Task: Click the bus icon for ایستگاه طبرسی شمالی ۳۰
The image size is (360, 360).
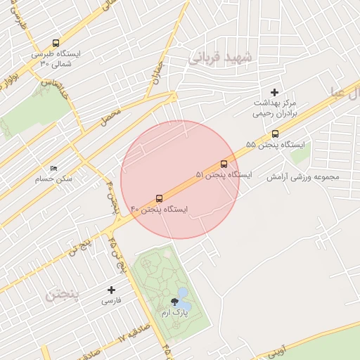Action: pyautogui.click(x=56, y=43)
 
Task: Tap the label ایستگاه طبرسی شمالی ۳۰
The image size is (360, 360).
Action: pyautogui.click(x=56, y=58)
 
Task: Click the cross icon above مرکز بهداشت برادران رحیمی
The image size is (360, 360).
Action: pyautogui.click(x=274, y=92)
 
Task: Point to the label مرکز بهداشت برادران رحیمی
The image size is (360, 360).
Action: pyautogui.click(x=276, y=108)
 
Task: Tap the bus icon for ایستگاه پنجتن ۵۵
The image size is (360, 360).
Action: pyautogui.click(x=275, y=134)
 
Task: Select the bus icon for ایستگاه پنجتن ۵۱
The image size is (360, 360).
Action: pyautogui.click(x=224, y=164)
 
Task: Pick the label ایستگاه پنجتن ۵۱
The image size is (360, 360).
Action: pyautogui.click(x=223, y=174)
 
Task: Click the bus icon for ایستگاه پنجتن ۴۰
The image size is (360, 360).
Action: pyautogui.click(x=159, y=199)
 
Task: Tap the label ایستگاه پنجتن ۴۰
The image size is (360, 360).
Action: pyautogui.click(x=159, y=210)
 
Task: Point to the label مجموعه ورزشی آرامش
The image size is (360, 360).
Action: pyautogui.click(x=302, y=176)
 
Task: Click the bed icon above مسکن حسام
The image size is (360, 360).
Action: pyautogui.click(x=54, y=168)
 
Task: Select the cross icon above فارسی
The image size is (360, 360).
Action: pyautogui.click(x=111, y=290)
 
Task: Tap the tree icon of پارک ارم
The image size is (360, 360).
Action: pyautogui.click(x=174, y=303)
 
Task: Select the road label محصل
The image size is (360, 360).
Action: pyautogui.click(x=110, y=117)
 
